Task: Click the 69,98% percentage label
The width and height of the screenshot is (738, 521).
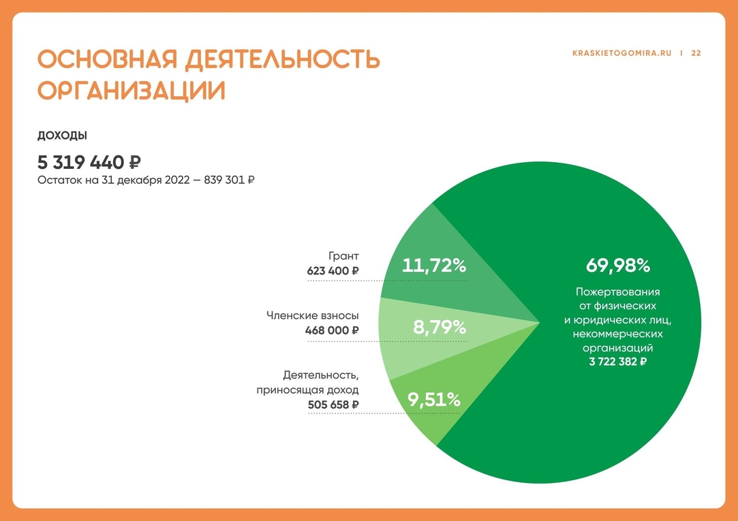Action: (617, 266)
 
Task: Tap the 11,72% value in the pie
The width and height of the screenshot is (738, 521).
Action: (434, 266)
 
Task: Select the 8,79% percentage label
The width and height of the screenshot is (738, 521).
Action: (440, 327)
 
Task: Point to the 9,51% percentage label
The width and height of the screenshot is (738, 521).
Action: (434, 400)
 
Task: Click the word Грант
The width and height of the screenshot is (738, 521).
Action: (343, 256)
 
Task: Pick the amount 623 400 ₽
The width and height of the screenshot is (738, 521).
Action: (333, 271)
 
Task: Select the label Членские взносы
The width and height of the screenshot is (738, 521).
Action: (313, 315)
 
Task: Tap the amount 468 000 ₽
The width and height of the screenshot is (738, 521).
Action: (332, 330)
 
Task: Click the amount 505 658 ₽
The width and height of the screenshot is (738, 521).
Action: (333, 405)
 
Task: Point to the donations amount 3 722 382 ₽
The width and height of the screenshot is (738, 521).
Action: (617, 362)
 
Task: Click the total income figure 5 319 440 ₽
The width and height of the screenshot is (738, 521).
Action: (89, 163)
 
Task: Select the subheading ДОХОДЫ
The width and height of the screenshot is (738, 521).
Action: (63, 136)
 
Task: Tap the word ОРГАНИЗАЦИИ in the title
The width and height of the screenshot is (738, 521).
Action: (132, 91)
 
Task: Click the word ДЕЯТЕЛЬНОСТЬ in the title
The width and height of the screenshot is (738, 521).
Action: (282, 59)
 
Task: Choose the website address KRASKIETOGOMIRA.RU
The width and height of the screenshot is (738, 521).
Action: (621, 54)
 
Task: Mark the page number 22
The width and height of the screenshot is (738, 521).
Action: (696, 54)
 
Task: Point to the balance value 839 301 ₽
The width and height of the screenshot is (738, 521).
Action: (229, 180)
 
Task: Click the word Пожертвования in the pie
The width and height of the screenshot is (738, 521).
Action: (617, 292)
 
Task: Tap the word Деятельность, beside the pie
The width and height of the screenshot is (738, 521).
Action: (321, 375)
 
